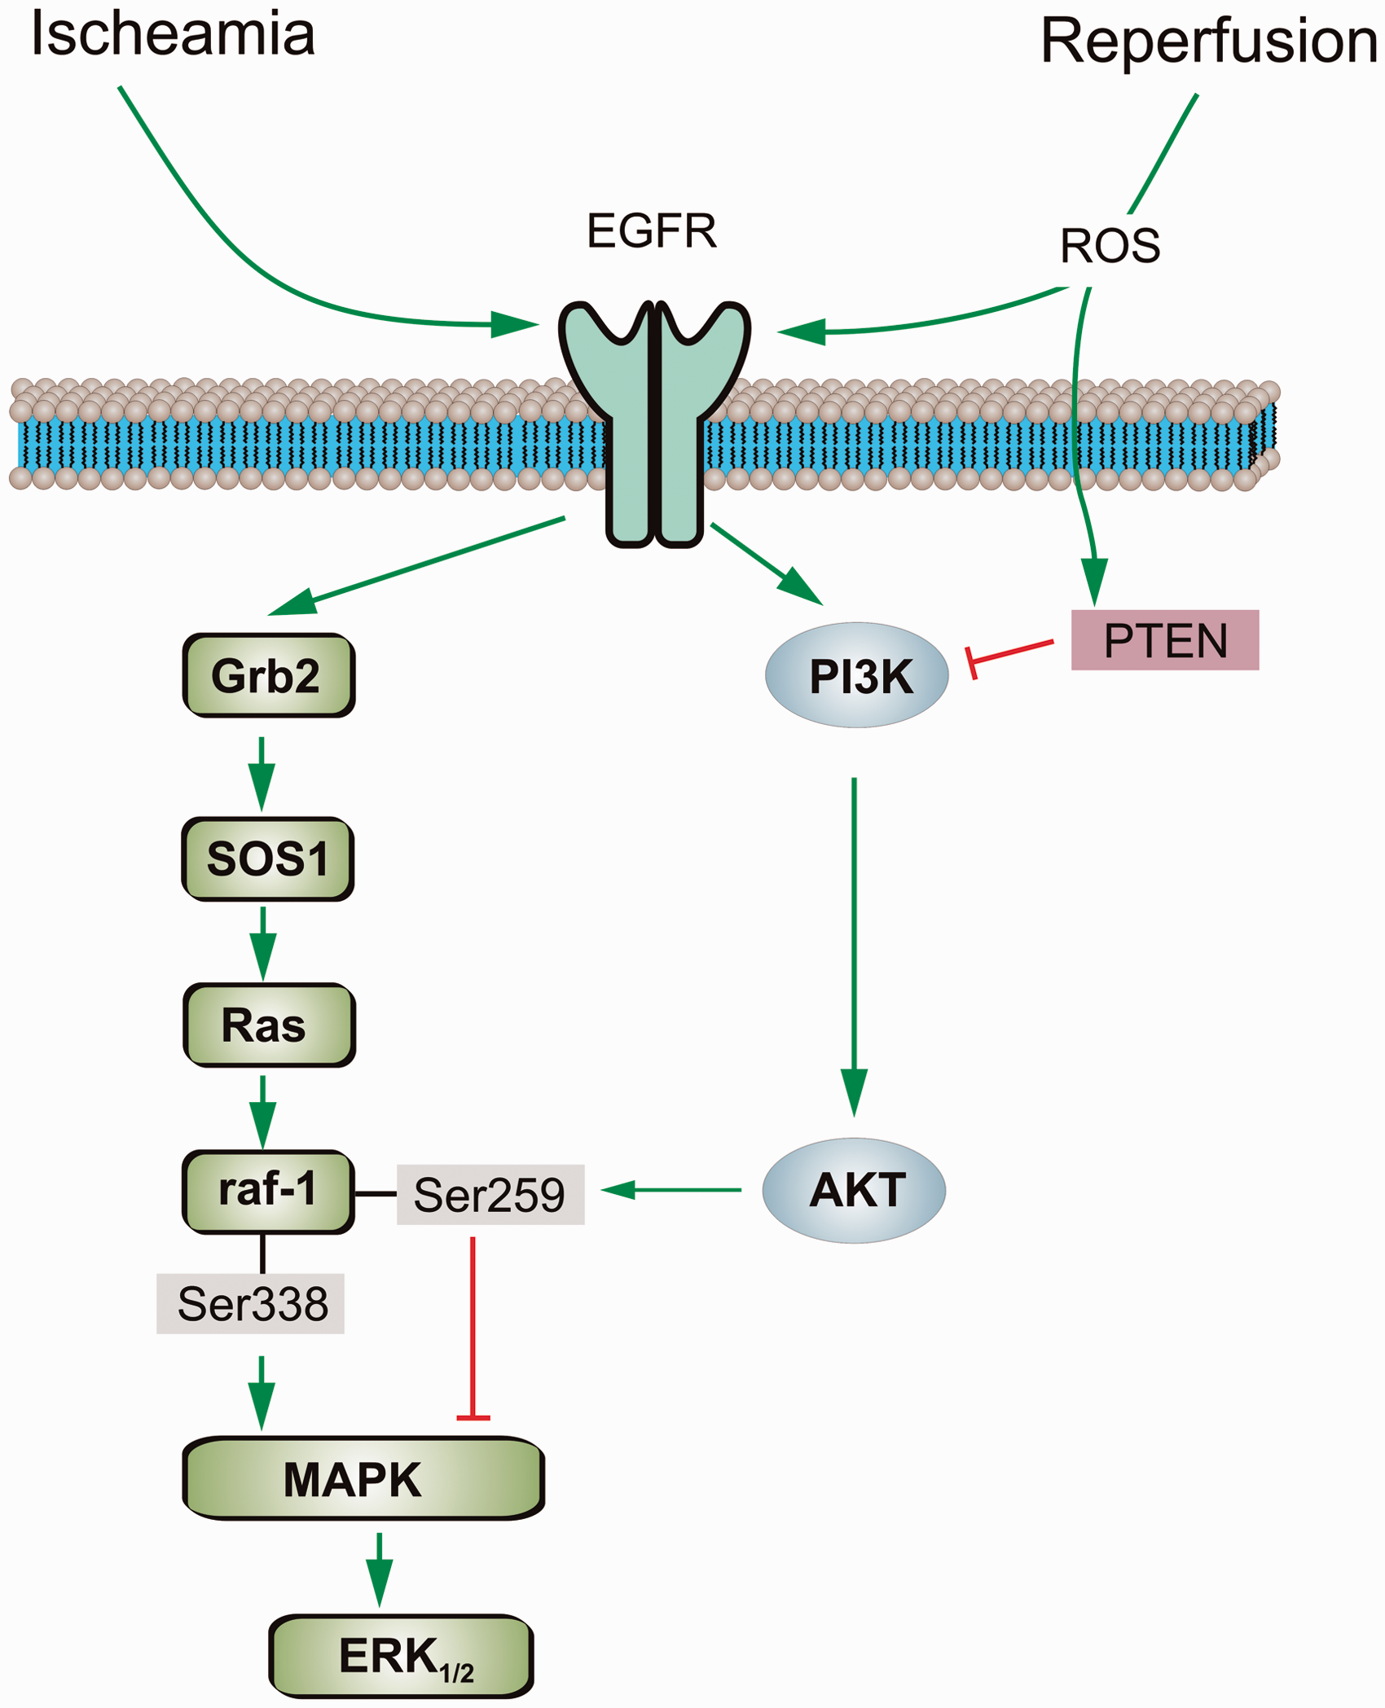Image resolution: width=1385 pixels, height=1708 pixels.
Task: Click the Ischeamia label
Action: coord(173,34)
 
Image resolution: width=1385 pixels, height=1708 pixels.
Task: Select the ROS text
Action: coord(1110,245)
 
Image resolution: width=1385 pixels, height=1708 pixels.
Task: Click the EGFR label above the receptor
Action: coord(652,231)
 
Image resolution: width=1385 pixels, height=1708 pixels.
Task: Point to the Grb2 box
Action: coord(269,675)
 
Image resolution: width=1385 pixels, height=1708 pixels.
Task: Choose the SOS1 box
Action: coord(268,858)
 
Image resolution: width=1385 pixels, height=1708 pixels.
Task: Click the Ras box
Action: coord(270,1025)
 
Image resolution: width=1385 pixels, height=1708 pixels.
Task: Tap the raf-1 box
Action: coord(269,1192)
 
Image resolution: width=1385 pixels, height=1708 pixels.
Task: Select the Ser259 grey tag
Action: coord(490,1194)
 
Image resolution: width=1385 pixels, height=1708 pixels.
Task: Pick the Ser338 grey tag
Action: coord(250,1303)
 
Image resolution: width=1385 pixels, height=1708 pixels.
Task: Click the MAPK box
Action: coord(363,1478)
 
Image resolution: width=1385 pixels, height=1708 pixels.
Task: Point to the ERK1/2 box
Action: coord(402,1656)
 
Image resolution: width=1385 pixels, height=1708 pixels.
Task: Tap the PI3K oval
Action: coord(857,675)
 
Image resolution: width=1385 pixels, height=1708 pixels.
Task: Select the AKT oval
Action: coord(854,1190)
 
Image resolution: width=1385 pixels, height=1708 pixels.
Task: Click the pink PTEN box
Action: coord(1165,640)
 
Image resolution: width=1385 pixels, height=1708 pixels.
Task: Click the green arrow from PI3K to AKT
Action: coord(854,946)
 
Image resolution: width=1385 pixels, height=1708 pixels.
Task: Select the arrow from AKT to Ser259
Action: coord(671,1190)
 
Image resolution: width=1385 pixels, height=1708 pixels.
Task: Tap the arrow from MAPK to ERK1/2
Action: coord(379,1570)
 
